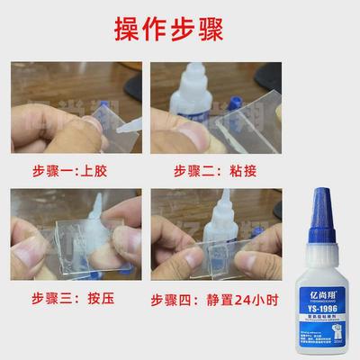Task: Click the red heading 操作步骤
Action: [x=179, y=28]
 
